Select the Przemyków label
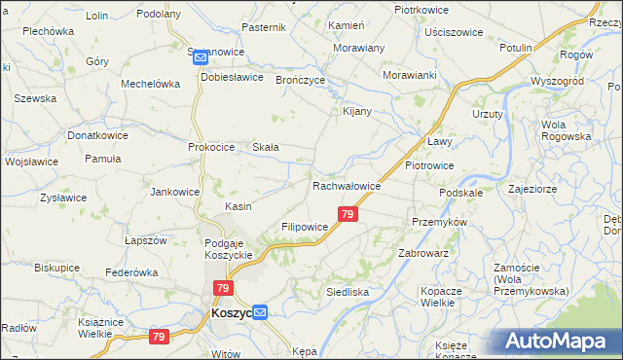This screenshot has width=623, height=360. [440, 222]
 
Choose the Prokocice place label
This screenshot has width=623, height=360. [212, 147]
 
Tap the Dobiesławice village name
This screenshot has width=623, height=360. [232, 77]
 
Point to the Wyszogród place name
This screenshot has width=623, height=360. [556, 81]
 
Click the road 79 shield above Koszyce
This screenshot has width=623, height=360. [224, 288]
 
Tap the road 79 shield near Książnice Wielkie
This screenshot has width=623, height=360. [160, 337]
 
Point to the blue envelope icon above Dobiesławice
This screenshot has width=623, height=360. [201, 57]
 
